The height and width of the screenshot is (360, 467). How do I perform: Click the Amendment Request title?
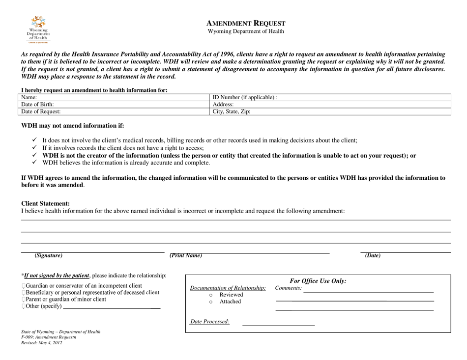click(245, 23)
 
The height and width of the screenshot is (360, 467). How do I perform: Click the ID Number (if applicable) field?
click(330, 97)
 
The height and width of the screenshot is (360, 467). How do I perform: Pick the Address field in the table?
click(330, 105)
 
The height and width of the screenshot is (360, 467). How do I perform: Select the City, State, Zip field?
click(330, 111)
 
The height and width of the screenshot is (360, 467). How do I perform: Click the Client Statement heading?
click(45, 203)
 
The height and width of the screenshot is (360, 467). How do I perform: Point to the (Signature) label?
click(49, 256)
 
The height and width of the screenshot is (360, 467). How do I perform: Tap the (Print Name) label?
click(186, 255)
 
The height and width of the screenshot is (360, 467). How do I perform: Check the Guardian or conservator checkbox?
click(23, 286)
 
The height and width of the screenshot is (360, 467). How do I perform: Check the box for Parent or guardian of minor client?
click(23, 300)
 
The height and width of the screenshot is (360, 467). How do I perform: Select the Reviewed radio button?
click(211, 295)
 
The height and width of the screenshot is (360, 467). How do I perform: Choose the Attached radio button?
click(211, 302)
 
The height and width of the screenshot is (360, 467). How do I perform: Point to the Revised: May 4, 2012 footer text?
click(42, 343)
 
